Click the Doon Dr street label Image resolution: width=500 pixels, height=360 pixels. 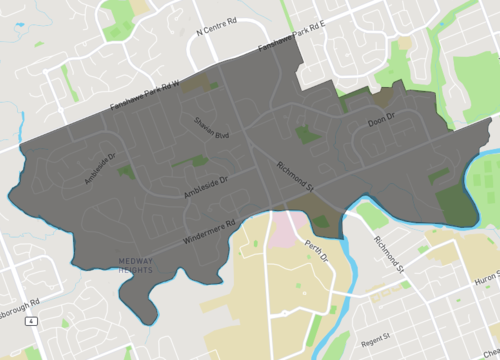(382, 121)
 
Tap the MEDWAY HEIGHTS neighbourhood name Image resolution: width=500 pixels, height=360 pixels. (128, 263)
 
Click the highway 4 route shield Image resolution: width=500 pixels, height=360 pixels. (32, 321)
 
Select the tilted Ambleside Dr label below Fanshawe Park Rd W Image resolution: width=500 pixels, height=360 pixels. (100, 169)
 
